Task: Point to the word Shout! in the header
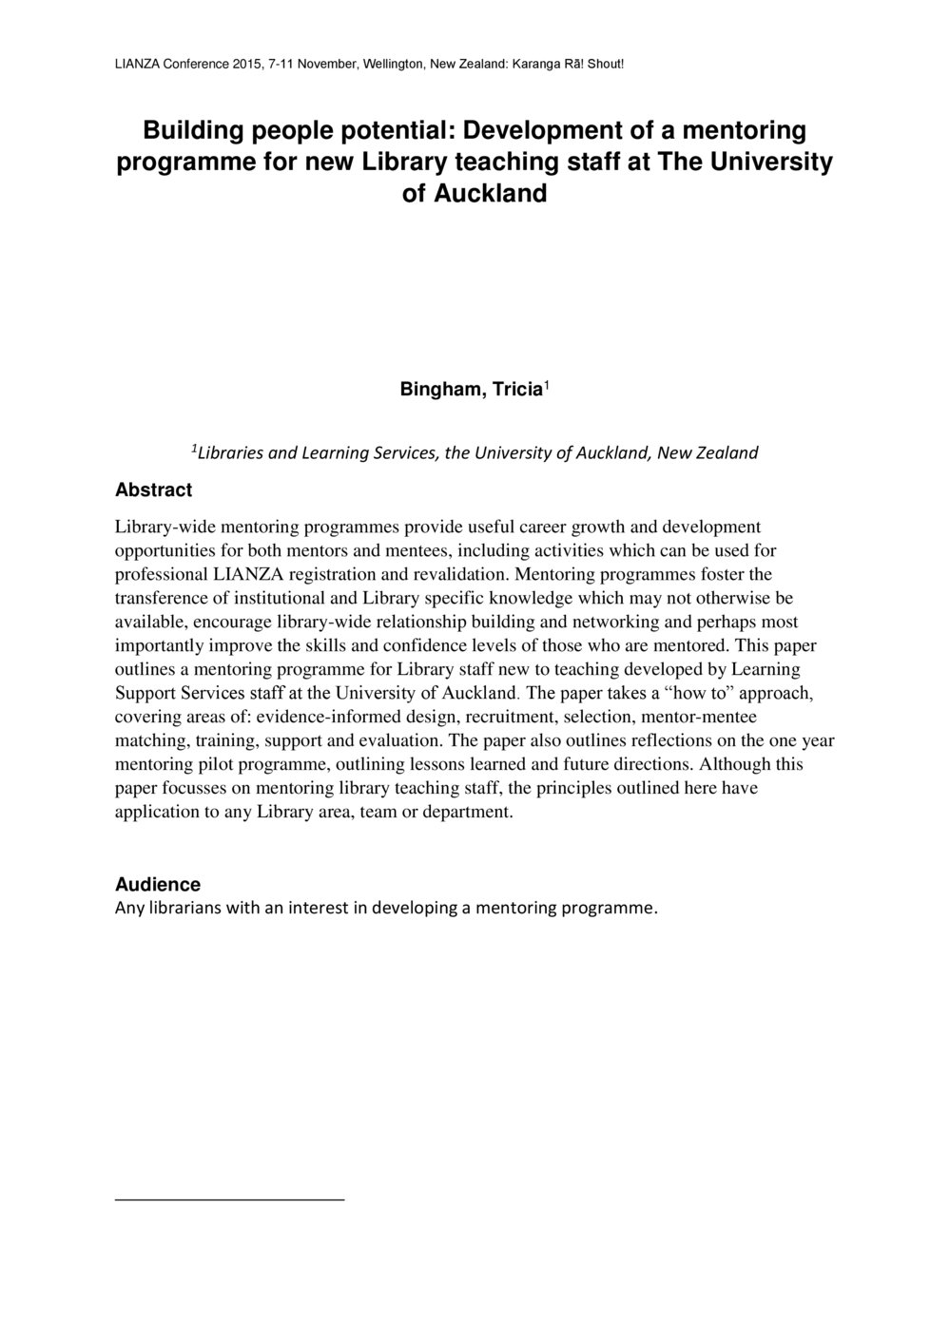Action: [605, 65]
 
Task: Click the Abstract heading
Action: [153, 490]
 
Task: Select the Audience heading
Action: [158, 885]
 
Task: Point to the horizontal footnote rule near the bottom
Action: [229, 1200]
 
